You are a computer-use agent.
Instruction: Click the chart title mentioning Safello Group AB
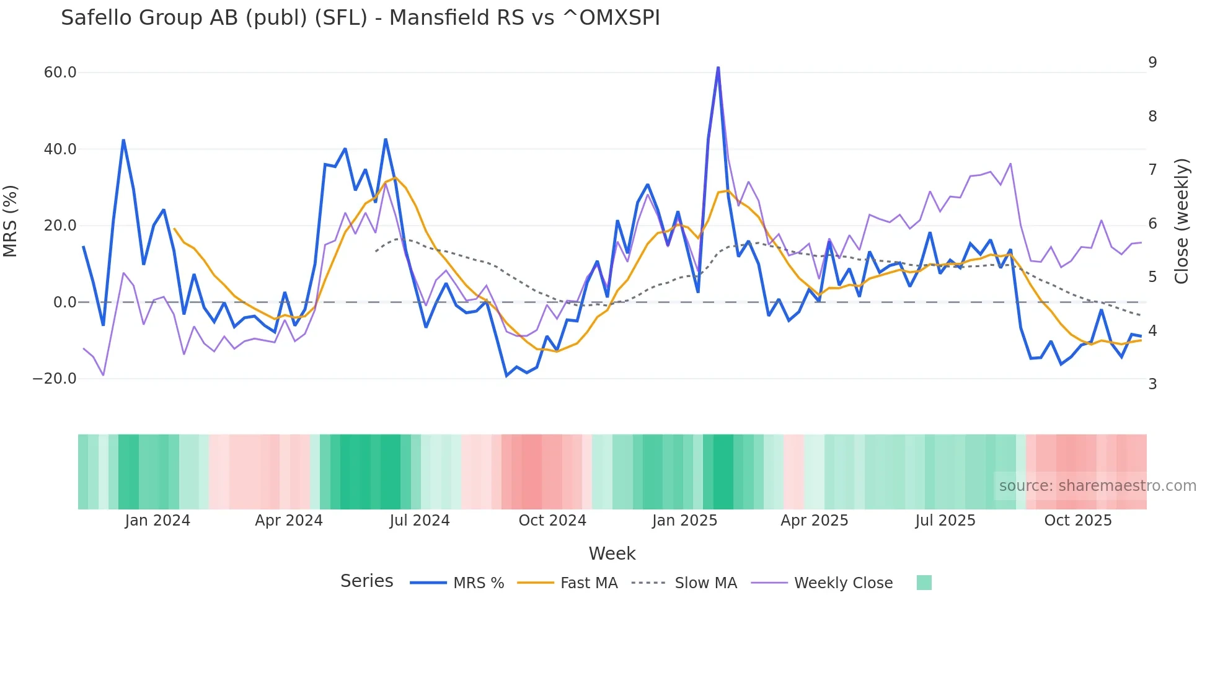[x=360, y=18]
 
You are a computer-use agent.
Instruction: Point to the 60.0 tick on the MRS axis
[x=60, y=73]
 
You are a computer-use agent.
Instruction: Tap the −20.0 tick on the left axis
[x=55, y=379]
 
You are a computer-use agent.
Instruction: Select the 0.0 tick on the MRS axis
[x=64, y=302]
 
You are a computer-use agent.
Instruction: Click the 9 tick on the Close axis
[x=1152, y=63]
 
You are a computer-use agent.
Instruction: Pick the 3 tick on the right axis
[x=1152, y=384]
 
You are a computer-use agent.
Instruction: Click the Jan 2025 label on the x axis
[x=684, y=521]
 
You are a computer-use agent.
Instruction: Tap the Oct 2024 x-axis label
[x=552, y=521]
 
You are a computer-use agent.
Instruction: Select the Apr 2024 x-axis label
[x=289, y=521]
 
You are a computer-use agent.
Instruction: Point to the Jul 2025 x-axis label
[x=945, y=521]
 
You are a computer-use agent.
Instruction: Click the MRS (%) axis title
[x=11, y=221]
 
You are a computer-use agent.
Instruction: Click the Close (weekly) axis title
[x=1182, y=221]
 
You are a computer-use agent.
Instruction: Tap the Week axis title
[x=612, y=553]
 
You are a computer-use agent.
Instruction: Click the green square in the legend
[x=924, y=583]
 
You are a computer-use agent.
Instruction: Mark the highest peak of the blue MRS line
[x=718, y=68]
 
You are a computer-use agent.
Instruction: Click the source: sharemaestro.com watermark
[x=1097, y=486]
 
